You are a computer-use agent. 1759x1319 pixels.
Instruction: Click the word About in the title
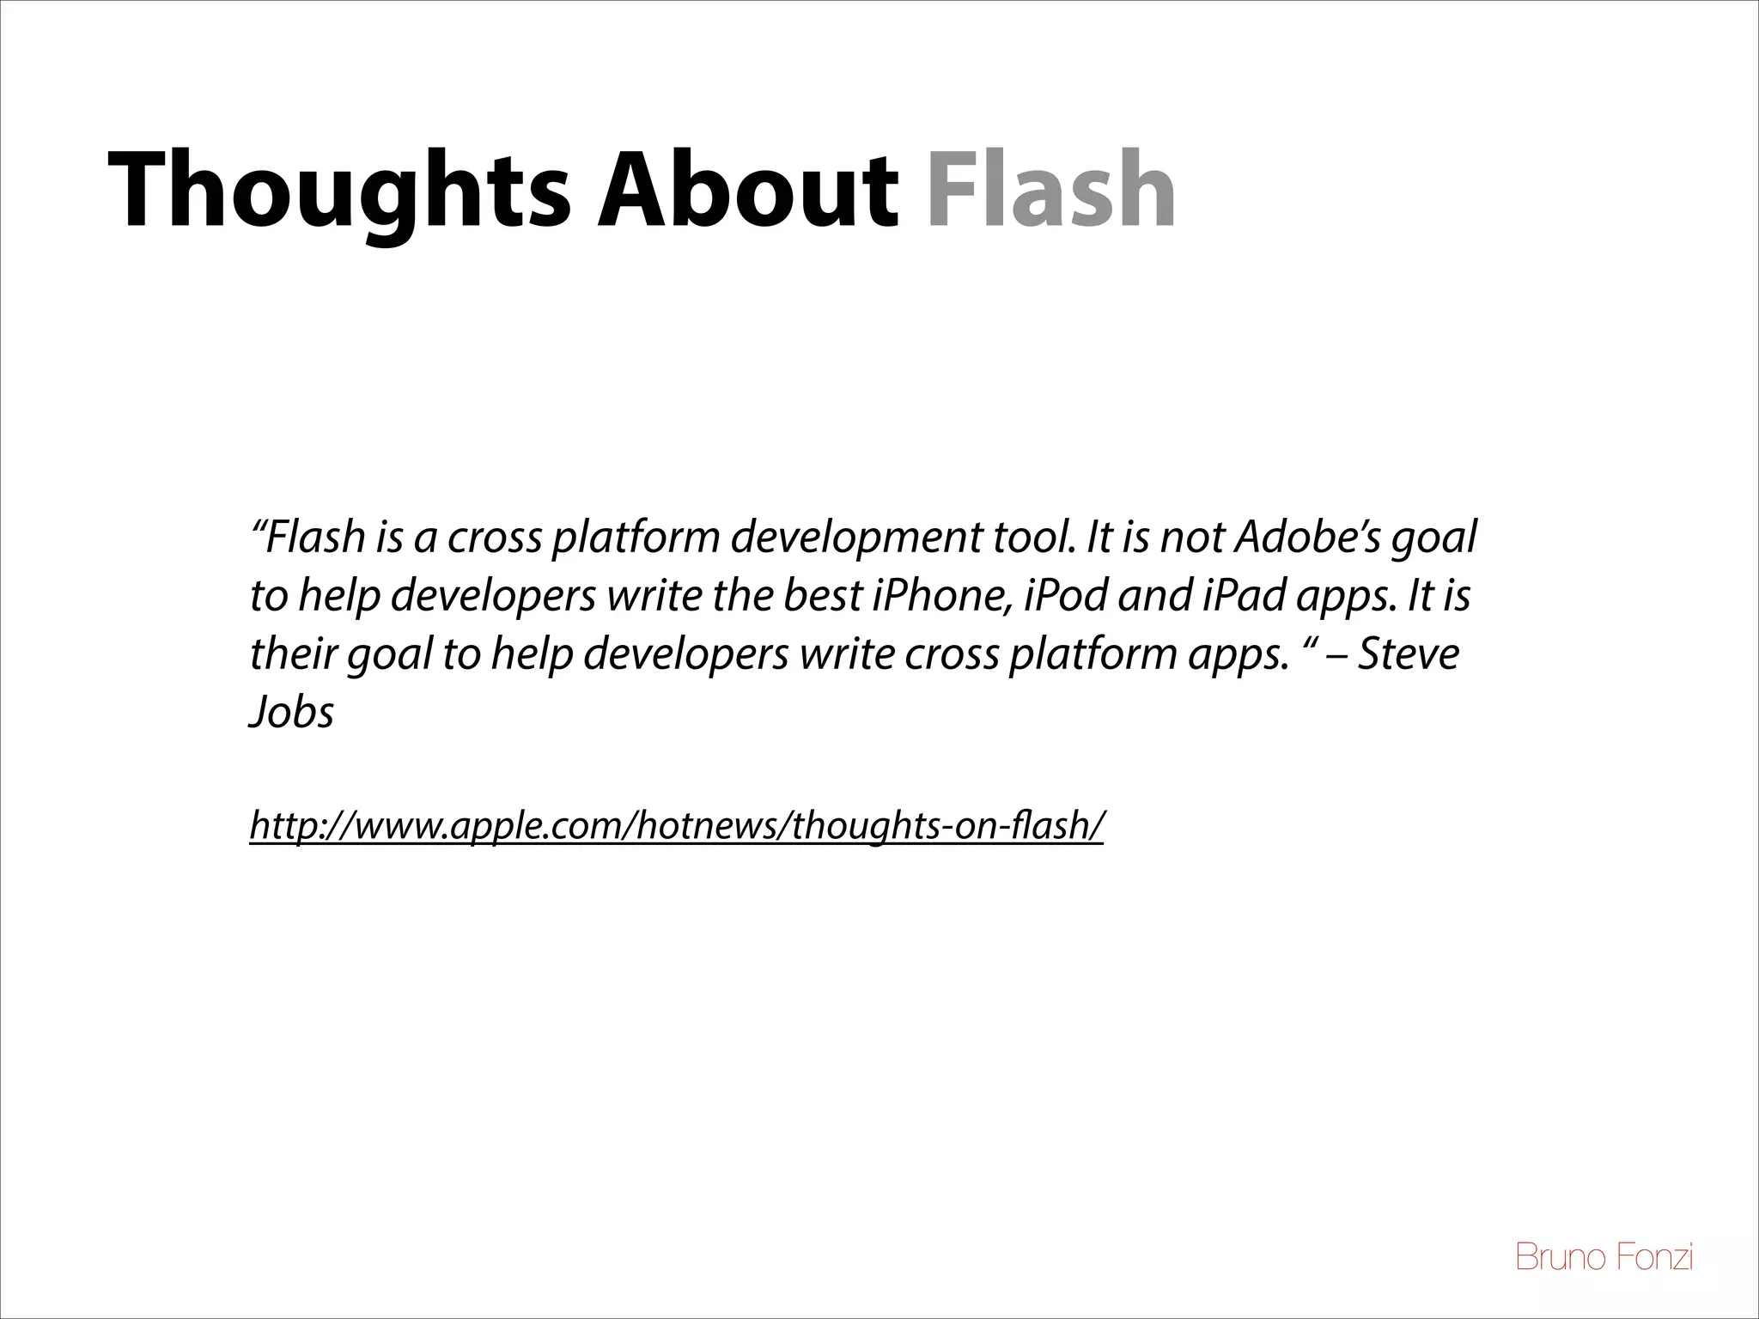point(748,191)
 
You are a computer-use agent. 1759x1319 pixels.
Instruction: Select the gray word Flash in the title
point(1050,191)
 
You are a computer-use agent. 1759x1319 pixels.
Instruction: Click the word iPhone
point(942,596)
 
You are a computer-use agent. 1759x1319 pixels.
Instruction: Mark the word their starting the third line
point(293,654)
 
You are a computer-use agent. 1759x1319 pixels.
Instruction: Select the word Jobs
point(291,713)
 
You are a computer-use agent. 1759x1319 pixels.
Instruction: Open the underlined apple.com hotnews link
point(676,826)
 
